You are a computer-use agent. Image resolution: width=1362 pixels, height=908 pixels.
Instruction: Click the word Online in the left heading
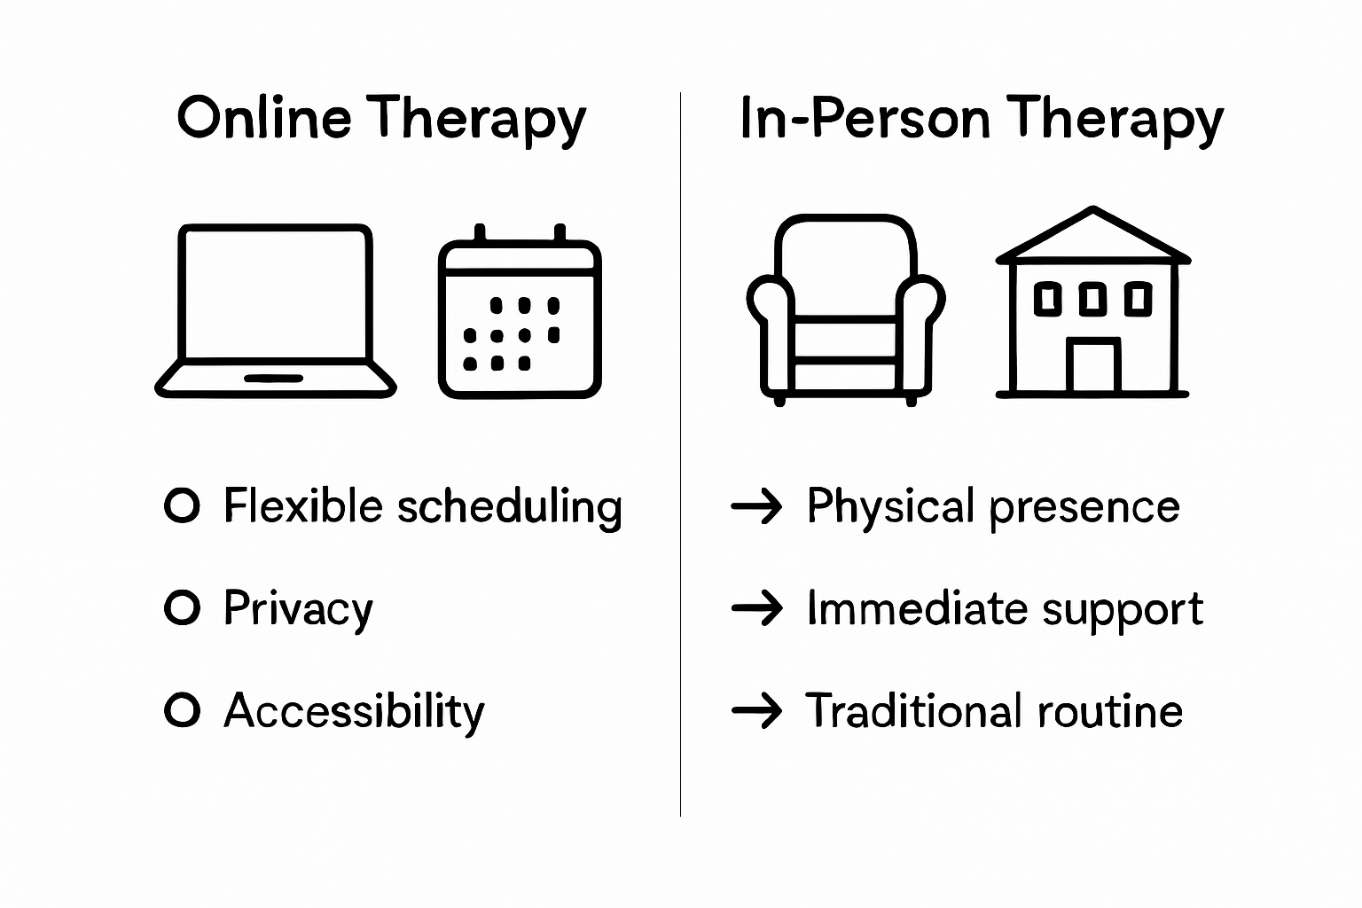263,118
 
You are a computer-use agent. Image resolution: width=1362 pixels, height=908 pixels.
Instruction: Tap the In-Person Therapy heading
981,120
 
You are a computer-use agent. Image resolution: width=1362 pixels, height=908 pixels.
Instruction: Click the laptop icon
275,309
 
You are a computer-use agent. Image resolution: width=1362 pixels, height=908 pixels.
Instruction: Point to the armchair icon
845,309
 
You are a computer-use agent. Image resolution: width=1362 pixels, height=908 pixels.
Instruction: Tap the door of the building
1092,365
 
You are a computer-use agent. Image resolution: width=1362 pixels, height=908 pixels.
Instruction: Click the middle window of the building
1092,299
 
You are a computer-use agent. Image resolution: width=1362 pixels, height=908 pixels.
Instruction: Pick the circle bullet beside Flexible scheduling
183,505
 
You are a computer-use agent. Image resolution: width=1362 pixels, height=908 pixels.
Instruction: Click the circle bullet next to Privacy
183,608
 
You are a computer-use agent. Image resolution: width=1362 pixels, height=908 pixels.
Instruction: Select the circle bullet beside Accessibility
183,710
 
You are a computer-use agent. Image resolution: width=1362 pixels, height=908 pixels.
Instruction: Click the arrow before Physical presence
756,506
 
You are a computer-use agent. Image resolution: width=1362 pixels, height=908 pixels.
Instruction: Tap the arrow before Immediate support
756,608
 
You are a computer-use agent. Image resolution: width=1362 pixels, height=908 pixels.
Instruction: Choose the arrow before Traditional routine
756,711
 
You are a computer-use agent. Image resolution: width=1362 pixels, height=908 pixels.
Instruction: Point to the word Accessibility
354,711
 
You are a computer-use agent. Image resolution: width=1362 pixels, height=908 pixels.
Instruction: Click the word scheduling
509,507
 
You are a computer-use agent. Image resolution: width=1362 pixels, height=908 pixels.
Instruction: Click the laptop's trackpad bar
273,379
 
